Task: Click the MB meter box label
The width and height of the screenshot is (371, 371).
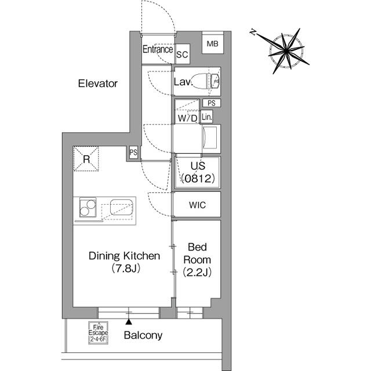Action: pos(213,44)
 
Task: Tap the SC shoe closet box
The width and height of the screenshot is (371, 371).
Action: pos(182,54)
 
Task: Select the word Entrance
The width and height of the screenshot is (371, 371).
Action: pos(158,49)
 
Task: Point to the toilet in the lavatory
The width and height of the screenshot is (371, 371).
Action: pos(205,81)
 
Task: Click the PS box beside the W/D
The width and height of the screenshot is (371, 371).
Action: pos(212,103)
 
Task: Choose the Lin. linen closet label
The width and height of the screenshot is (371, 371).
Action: pos(207,117)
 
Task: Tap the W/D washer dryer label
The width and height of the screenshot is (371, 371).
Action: pos(187,118)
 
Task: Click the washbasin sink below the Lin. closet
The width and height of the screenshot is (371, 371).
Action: pos(209,137)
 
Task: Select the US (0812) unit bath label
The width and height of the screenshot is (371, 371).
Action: pos(198,172)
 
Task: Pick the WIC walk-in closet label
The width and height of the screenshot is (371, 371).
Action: pos(197,205)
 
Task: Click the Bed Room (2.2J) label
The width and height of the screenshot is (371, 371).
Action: pos(197,260)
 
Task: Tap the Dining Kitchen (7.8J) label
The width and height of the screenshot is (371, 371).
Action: pos(125,262)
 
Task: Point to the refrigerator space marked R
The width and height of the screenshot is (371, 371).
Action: pos(86,159)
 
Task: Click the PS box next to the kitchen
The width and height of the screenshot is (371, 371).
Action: pos(133,152)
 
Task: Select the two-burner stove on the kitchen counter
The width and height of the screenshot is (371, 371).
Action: pos(88,207)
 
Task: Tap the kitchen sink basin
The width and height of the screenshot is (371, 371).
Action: pos(121,207)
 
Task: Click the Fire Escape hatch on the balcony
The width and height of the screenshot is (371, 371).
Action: pos(98,332)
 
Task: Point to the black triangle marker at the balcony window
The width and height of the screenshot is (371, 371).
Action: pos(129,322)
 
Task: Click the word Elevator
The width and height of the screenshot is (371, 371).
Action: pos(98,83)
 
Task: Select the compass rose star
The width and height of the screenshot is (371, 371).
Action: pos(286,51)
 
